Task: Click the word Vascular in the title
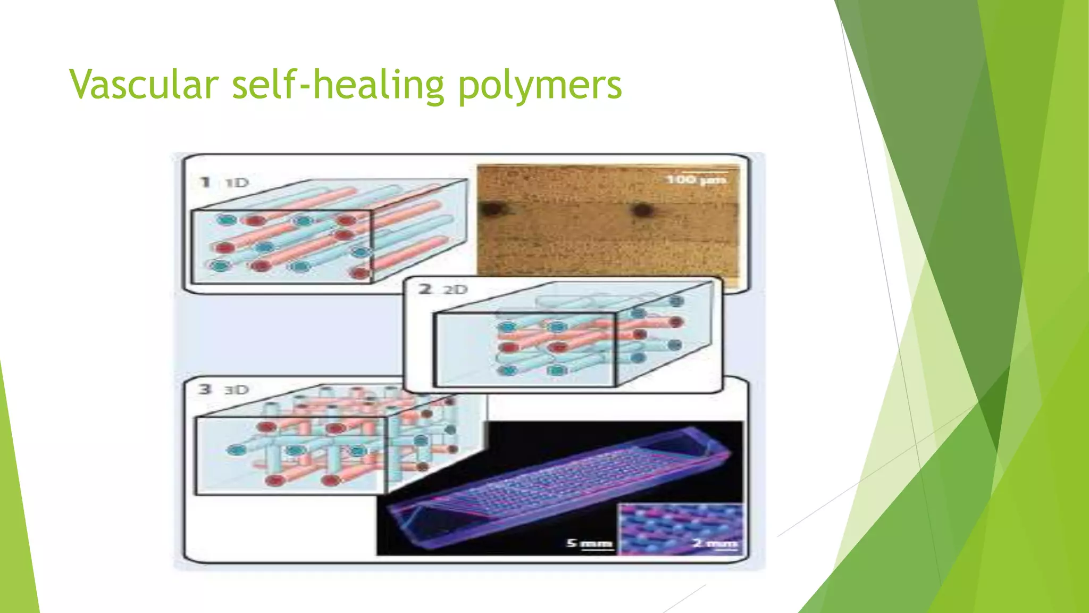coord(144,84)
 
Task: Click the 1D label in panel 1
coord(237,183)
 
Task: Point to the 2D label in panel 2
coord(456,289)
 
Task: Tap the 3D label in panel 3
coord(237,390)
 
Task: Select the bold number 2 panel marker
coord(425,289)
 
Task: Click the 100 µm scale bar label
coord(696,180)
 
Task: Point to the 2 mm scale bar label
coord(715,543)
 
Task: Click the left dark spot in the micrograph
coord(488,210)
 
